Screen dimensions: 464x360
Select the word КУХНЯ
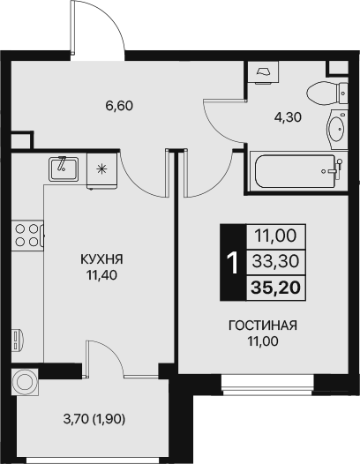pos(101,259)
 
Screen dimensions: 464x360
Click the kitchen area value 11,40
pos(101,274)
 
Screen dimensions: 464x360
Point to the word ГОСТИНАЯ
pos(262,325)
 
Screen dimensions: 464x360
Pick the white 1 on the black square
pos(232,261)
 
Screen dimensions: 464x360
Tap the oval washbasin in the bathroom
pos(336,131)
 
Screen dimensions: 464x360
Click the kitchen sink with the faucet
pos(64,167)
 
